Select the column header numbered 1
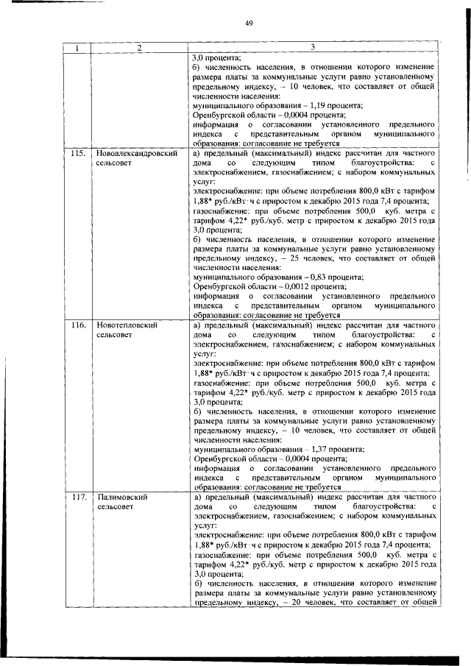point(76,49)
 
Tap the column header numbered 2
point(138,49)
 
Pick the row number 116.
point(77,325)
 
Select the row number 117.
point(77,497)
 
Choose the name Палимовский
point(122,497)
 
